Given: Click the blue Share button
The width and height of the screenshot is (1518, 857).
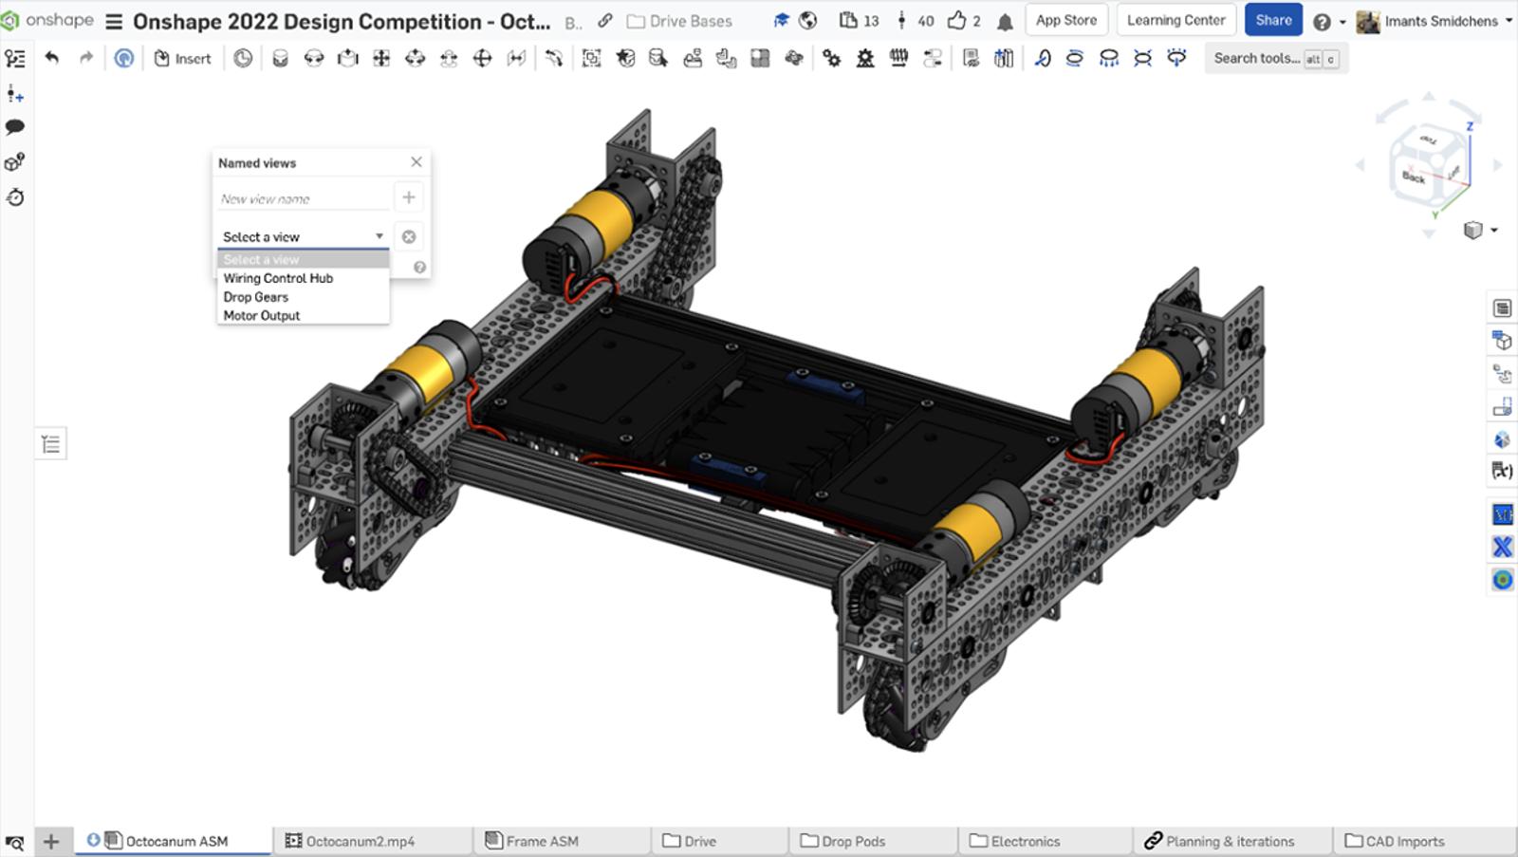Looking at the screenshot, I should point(1272,20).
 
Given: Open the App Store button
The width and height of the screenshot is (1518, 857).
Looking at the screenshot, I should point(1065,20).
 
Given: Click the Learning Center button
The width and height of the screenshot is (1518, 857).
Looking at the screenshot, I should point(1176,20).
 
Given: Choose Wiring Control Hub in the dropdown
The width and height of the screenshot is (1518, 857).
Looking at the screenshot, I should point(278,278).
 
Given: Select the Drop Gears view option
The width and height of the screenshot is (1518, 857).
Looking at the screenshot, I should point(256,297).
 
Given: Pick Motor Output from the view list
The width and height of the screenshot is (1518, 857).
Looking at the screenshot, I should point(262,316).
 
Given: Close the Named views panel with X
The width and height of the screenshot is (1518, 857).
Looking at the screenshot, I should point(416,162).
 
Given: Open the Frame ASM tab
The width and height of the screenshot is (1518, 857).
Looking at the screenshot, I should point(541,841).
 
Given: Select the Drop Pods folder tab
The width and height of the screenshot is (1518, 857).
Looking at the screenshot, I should point(851,841).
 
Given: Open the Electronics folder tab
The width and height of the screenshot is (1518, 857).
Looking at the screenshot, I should point(1024,841).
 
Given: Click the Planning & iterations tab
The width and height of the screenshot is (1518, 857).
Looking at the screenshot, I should point(1228,841).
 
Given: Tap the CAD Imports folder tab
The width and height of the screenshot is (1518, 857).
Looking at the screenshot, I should point(1403,841).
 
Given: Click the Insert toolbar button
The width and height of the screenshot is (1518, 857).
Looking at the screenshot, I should point(182,59).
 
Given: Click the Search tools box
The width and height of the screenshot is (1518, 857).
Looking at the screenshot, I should point(1256,59).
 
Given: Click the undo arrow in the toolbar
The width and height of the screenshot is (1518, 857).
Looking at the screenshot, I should point(52,58).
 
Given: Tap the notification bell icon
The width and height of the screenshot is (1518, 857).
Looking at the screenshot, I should point(1005,21).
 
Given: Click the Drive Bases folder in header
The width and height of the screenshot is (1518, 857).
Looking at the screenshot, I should point(689,21).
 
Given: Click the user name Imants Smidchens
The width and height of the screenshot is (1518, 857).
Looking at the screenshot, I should point(1440,21).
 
